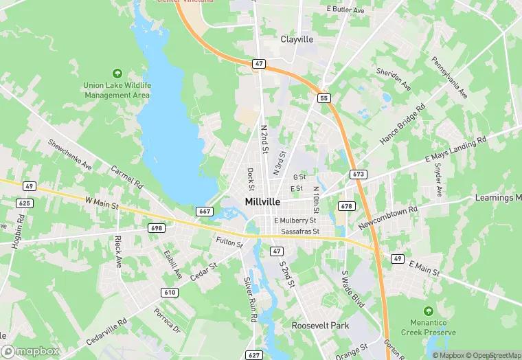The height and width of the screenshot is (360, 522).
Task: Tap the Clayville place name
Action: (297, 39)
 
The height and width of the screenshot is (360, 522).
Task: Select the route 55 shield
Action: (323, 99)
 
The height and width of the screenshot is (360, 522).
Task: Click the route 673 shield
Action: (358, 175)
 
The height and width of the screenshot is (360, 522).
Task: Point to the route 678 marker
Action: (346, 206)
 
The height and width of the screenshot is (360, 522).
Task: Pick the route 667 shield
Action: (204, 211)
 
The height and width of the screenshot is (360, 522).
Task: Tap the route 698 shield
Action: (156, 227)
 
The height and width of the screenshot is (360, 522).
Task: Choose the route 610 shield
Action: (170, 293)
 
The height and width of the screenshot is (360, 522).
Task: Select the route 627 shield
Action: (254, 355)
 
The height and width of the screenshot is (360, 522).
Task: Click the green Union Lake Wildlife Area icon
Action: (116, 73)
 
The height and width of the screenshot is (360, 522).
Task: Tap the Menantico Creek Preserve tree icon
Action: (429, 311)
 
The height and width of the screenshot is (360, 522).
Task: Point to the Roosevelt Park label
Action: (320, 325)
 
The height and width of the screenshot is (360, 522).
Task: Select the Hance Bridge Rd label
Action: (402, 124)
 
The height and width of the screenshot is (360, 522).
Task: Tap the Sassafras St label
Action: (297, 232)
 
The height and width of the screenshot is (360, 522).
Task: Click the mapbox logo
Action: (30, 351)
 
